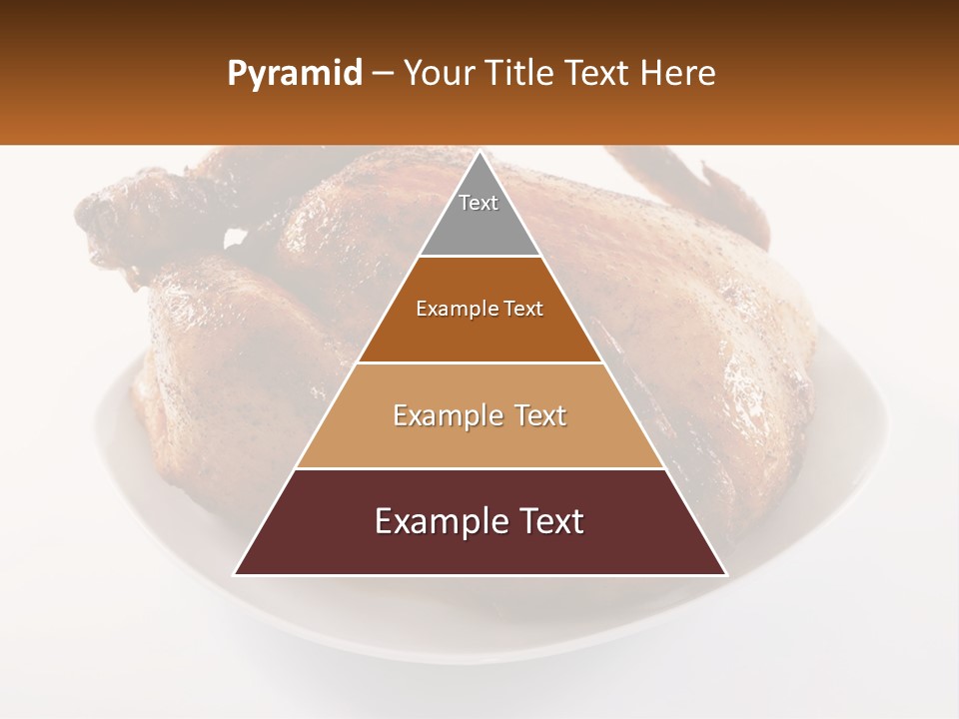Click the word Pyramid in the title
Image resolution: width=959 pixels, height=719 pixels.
(x=295, y=74)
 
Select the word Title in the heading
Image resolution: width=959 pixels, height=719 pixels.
(x=517, y=74)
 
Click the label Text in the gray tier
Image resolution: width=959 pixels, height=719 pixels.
(x=479, y=203)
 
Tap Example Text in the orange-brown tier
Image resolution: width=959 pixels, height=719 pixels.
(x=479, y=309)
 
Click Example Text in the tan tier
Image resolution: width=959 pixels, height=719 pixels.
(x=479, y=415)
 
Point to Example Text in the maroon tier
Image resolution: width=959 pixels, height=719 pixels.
(x=479, y=521)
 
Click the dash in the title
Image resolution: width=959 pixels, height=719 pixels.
(x=383, y=74)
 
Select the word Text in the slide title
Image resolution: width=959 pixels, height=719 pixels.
(x=600, y=74)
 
